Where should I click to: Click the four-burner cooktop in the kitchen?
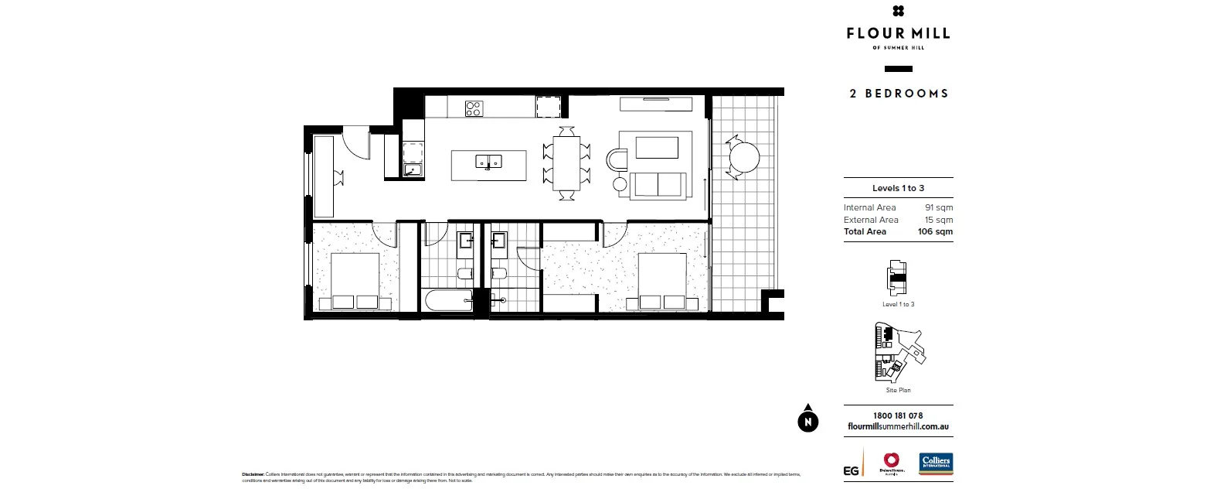click(x=474, y=108)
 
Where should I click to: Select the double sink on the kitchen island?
click(x=488, y=162)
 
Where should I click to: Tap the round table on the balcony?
click(x=744, y=158)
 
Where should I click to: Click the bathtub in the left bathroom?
click(x=448, y=300)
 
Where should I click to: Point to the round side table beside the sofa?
click(x=620, y=184)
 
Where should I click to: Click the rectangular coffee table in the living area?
click(x=656, y=148)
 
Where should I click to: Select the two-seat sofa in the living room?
click(x=658, y=186)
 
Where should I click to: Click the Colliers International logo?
click(x=936, y=464)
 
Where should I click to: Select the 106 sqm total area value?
click(x=935, y=231)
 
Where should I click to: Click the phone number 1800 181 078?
click(x=898, y=415)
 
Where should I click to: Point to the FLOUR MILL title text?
click(x=898, y=33)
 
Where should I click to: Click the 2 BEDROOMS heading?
click(x=899, y=94)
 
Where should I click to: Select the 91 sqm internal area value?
click(x=939, y=207)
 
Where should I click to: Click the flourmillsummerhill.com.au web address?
click(x=898, y=426)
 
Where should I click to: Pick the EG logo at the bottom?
click(x=851, y=470)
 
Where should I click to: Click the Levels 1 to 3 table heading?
click(x=898, y=188)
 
